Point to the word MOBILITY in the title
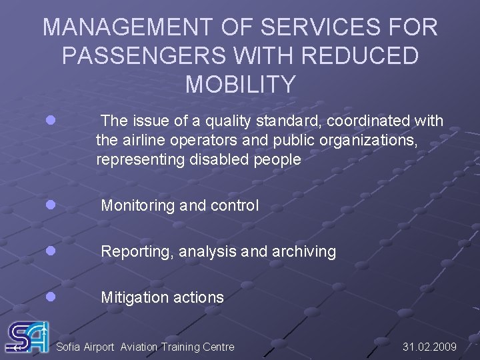pos(240,85)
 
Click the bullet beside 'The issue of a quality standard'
pos(51,121)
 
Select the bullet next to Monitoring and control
pos(51,205)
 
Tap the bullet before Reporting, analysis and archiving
pos(51,251)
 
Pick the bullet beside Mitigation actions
pos(51,297)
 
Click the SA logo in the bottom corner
pos(27,337)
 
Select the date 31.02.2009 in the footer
pos(430,347)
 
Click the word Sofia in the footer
pos(69,347)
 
